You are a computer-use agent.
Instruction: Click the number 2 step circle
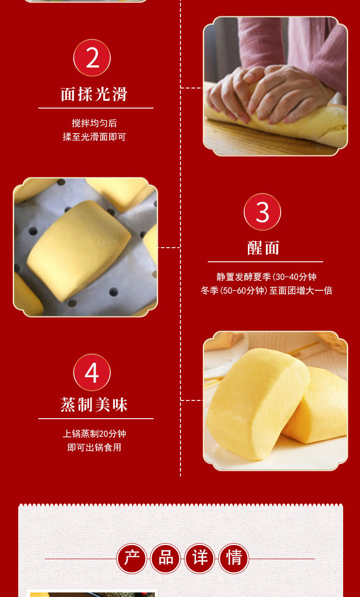(x=92, y=58)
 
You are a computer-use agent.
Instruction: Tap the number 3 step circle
(x=262, y=212)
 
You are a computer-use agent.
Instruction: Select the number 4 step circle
(x=92, y=373)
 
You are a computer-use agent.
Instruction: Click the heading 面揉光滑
(x=94, y=94)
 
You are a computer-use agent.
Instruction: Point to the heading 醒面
(x=263, y=248)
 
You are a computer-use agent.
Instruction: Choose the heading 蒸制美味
(x=94, y=405)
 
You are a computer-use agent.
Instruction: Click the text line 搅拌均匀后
(x=94, y=123)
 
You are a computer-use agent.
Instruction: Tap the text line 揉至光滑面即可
(x=94, y=137)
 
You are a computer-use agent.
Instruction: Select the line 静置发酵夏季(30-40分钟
(x=266, y=277)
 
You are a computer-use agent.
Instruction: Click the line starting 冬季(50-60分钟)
(x=266, y=291)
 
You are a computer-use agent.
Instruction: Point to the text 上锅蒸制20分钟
(x=94, y=434)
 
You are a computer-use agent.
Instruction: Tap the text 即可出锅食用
(x=94, y=447)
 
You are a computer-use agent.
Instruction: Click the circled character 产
(x=132, y=558)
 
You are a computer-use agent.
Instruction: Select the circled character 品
(x=166, y=558)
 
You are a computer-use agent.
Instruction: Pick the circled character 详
(x=200, y=558)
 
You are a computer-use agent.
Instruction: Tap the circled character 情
(x=234, y=558)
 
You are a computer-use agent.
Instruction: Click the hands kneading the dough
(x=269, y=93)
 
